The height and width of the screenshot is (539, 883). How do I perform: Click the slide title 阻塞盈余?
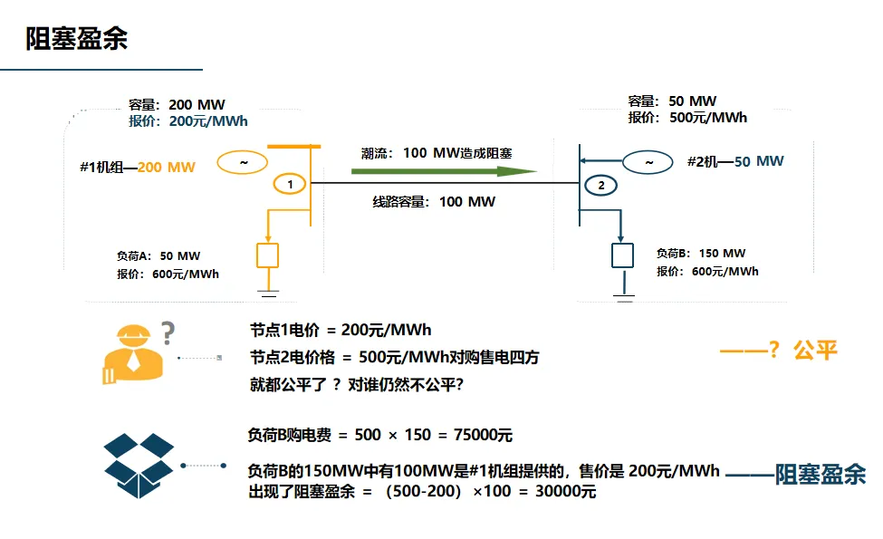coord(77,39)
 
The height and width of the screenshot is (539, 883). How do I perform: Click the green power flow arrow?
coord(444,170)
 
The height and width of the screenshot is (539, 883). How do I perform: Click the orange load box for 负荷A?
coord(267,255)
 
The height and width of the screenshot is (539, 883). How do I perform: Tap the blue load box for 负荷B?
coord(622,255)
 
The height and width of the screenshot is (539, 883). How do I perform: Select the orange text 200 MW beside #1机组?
coord(166,168)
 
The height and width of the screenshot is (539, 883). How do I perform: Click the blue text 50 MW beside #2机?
coord(759,161)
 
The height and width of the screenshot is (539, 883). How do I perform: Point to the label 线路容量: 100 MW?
coord(434,202)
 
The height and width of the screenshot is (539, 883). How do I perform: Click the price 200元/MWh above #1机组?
coord(208,121)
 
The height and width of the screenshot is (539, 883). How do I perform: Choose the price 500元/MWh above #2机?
coord(708,118)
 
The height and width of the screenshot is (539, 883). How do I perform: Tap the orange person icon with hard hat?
coord(133,353)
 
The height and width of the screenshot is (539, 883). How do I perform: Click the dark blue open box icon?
coord(139,466)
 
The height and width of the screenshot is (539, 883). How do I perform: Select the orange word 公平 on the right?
coord(815,351)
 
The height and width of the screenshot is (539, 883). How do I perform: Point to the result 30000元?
coord(565,491)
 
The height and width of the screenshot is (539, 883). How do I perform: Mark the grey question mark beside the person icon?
coord(168,332)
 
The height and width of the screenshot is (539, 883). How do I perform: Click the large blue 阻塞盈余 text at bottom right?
coord(821,475)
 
